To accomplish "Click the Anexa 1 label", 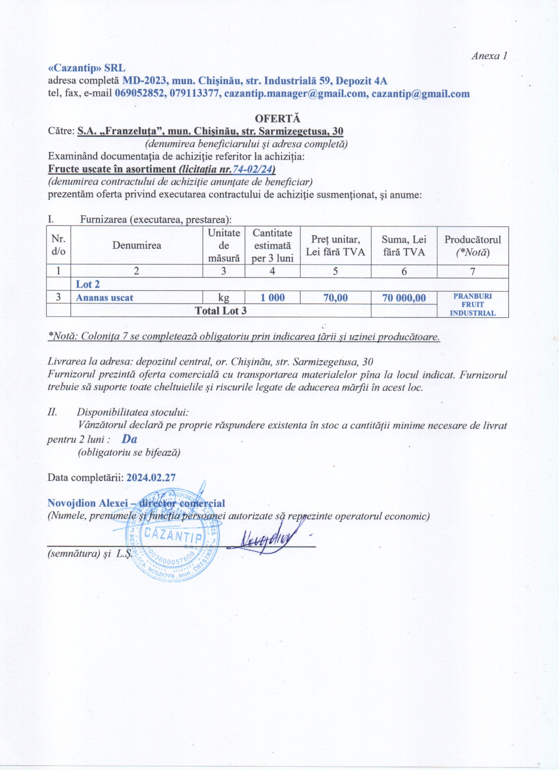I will pyautogui.click(x=489, y=56).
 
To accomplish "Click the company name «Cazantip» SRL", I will pyautogui.click(x=86, y=68).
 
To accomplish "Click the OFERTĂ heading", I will pyautogui.click(x=278, y=119).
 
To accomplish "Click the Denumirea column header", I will pyautogui.click(x=137, y=245).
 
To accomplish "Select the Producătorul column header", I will pyautogui.click(x=473, y=245).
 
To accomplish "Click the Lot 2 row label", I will pyautogui.click(x=87, y=284).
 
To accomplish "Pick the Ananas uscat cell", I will pyautogui.click(x=105, y=298).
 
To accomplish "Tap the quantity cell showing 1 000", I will pyautogui.click(x=272, y=298).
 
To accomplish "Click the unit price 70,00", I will pyautogui.click(x=335, y=298).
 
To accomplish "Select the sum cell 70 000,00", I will pyautogui.click(x=404, y=298).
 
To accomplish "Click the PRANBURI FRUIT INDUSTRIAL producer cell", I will pyautogui.click(x=473, y=304).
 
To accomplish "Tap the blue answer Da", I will pyautogui.click(x=129, y=439).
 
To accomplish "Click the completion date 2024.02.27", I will pyautogui.click(x=151, y=478).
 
